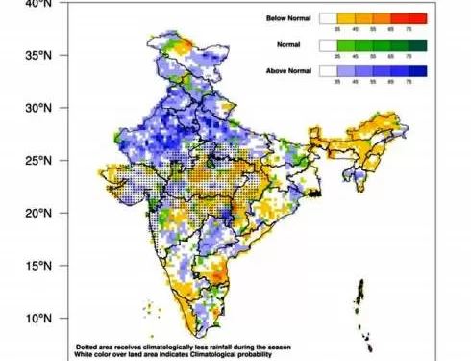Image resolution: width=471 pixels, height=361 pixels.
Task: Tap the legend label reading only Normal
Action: [x=287, y=44]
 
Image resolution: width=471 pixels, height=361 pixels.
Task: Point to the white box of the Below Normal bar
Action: [x=331, y=17]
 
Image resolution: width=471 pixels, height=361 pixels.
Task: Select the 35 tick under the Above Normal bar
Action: [x=336, y=83]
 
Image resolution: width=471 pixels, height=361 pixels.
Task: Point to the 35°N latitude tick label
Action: [x=36, y=56]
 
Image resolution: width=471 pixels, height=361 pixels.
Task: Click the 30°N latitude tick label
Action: [x=36, y=108]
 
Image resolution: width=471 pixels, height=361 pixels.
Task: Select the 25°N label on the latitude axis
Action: [x=36, y=161]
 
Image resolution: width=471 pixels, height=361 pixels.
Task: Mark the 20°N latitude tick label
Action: [x=36, y=213]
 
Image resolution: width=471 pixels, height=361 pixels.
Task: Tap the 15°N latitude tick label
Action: [x=36, y=266]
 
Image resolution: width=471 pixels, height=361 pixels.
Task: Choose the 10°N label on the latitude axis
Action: [x=36, y=319]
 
